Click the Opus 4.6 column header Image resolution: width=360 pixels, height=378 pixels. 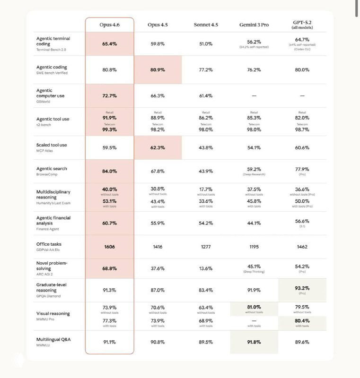click(109, 25)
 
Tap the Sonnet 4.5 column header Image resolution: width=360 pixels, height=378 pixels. click(206, 25)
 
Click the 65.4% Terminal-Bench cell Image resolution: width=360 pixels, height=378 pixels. click(109, 43)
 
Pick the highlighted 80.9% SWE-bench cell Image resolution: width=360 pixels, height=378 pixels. click(158, 69)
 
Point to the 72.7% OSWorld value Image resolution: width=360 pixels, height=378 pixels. click(109, 95)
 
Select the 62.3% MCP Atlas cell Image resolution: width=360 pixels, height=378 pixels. click(158, 147)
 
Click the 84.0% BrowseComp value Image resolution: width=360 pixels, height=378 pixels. click(109, 171)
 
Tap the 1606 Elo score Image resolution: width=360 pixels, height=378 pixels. click(109, 247)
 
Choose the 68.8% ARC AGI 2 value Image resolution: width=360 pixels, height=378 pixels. click(109, 268)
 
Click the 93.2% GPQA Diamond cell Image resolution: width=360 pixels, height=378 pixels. click(302, 288)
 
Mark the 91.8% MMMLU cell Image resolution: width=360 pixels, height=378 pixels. click(254, 342)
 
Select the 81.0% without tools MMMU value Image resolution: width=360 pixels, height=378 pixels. click(254, 307)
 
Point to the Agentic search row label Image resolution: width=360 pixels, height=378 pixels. click(52, 169)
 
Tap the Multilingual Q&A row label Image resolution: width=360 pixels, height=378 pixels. click(53, 339)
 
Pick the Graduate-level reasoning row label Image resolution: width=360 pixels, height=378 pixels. click(53, 287)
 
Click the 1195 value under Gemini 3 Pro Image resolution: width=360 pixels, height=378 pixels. click(254, 247)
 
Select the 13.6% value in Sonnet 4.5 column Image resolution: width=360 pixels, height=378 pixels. click(206, 268)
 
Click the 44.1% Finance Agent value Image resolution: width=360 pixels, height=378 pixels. click(254, 223)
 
